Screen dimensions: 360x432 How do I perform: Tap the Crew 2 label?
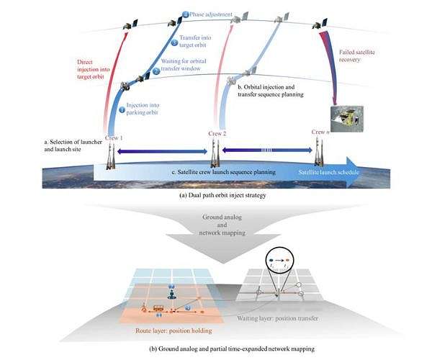217,134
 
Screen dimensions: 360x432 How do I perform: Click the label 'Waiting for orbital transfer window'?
189,67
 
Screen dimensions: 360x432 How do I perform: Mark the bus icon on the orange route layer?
158,308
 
